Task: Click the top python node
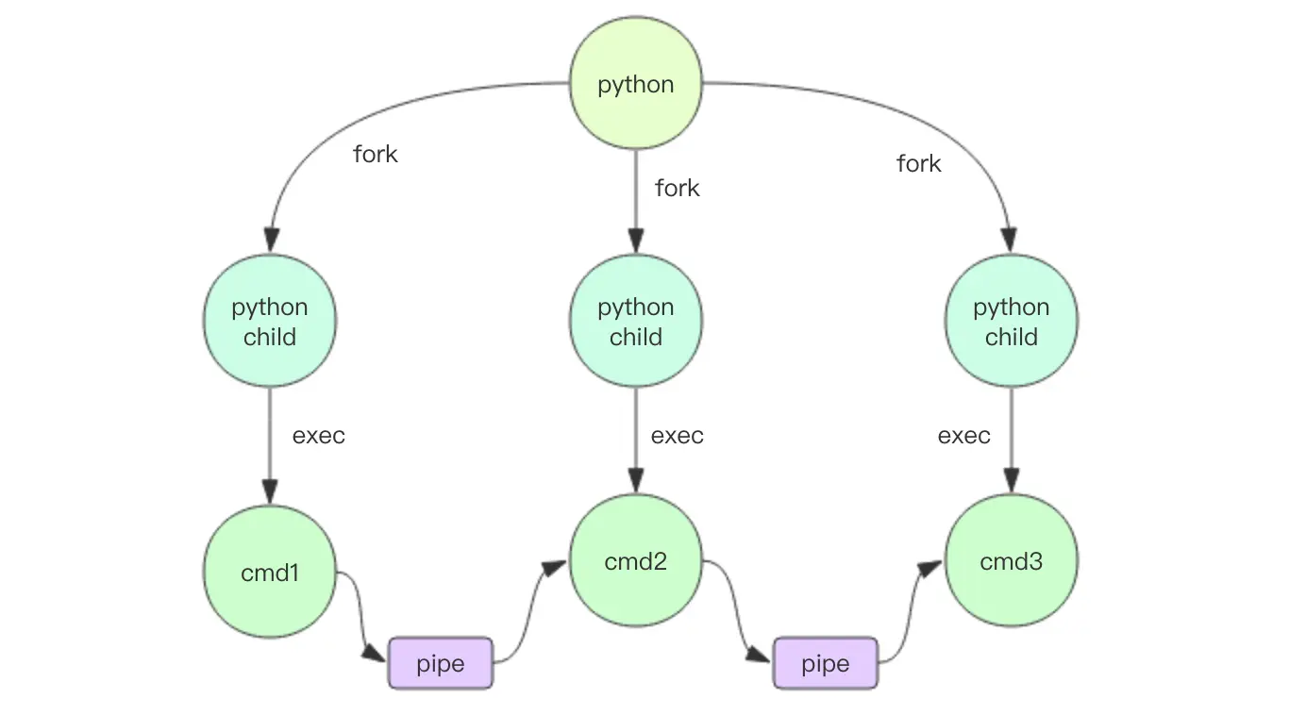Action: pos(635,83)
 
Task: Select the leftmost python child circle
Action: pos(269,321)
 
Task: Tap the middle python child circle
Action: pos(635,321)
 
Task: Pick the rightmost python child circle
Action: pos(1011,321)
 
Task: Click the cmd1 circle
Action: pos(269,572)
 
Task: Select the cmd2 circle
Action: pos(635,560)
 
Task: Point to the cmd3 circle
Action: pos(1011,560)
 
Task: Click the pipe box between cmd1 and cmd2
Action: pos(441,663)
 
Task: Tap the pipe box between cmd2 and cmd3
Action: pos(826,663)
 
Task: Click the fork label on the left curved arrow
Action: pos(375,154)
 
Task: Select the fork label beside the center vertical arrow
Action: pos(677,188)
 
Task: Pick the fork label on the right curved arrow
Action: pos(919,163)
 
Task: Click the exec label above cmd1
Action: pos(318,435)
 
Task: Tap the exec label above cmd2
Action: pos(677,435)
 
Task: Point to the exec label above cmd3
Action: pos(963,435)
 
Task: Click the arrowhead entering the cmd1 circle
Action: pos(269,492)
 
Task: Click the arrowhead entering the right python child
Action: pos(1010,241)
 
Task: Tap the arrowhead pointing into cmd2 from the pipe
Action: pos(554,569)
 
